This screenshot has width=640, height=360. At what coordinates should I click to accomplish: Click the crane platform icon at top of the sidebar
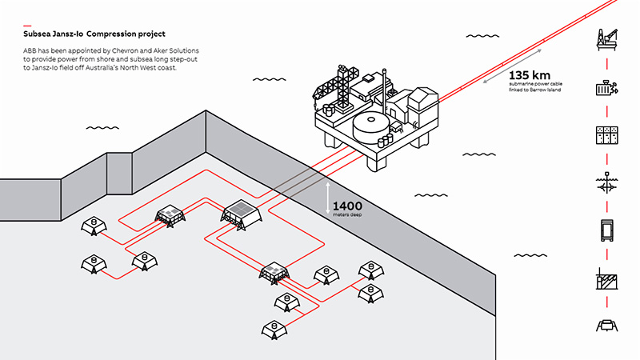click(606, 38)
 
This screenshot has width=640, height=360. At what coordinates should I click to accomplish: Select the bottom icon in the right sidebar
click(606, 324)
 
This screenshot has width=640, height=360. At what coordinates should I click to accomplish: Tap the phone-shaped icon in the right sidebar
click(606, 230)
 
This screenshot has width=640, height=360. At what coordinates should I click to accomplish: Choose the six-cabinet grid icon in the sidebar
click(606, 134)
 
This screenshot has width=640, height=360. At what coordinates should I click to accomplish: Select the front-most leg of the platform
click(375, 163)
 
